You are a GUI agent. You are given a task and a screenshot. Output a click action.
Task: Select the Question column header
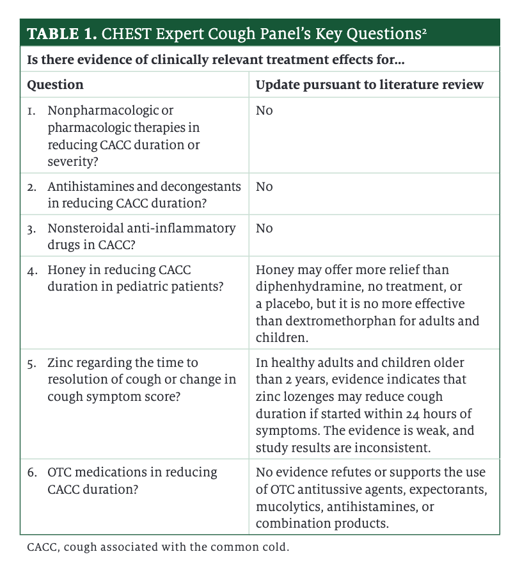pos(55,85)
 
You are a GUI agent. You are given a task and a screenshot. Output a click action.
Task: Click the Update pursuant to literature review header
pos(369,85)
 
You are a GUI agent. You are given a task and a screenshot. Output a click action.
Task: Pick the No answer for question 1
pos(264,111)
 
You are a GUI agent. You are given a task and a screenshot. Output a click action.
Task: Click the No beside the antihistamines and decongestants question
pos(264,186)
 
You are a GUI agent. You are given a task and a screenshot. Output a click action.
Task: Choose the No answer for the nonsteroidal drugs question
pos(264,228)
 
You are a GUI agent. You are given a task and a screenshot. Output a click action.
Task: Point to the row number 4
pos(31,270)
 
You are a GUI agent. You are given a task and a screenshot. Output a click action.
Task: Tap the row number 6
pos(31,473)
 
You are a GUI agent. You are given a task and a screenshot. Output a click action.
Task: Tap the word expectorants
pos(453,490)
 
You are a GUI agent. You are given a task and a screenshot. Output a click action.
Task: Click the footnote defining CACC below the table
pos(157,548)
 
